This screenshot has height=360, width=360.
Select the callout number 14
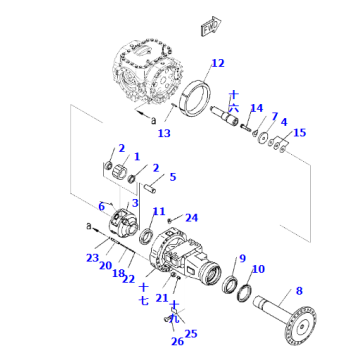(x=256, y=108)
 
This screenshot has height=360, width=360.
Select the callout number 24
(x=192, y=216)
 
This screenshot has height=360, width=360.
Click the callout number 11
(x=159, y=211)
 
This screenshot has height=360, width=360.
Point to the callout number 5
(x=172, y=177)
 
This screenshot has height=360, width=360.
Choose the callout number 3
(x=133, y=202)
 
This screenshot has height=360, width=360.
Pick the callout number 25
(x=193, y=333)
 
